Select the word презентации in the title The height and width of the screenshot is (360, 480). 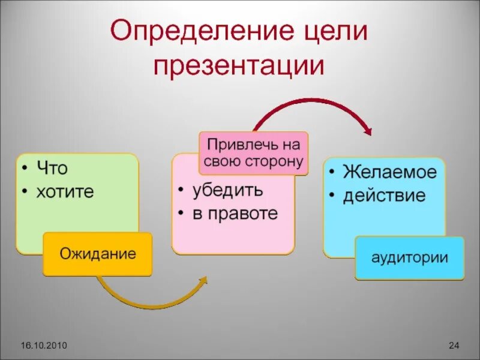click(x=238, y=65)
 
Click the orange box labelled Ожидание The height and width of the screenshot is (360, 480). click(x=97, y=254)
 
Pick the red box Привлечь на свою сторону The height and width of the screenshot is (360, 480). click(x=253, y=154)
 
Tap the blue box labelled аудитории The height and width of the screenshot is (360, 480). click(x=410, y=258)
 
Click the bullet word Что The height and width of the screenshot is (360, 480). click(x=52, y=169)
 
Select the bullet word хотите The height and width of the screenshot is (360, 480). click(x=66, y=192)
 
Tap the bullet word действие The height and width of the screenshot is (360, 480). click(x=384, y=196)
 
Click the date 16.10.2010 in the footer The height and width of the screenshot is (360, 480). click(x=43, y=345)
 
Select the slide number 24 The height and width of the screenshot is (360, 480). click(x=454, y=345)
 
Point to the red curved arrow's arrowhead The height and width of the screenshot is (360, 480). click(x=367, y=128)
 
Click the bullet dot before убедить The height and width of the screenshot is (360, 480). click(x=181, y=191)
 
